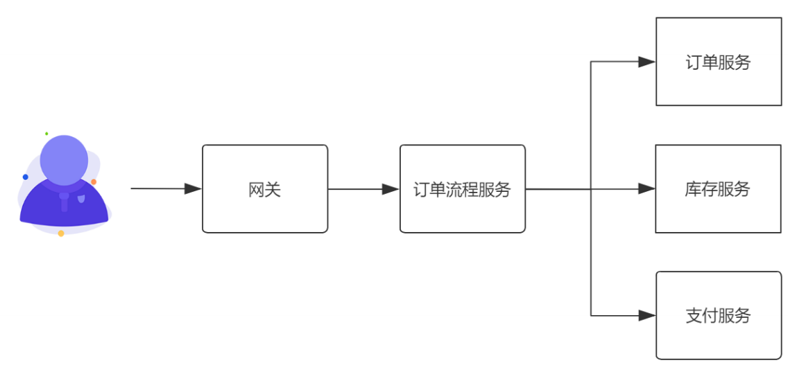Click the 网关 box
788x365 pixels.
click(x=265, y=189)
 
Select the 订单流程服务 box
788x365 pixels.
click(x=463, y=189)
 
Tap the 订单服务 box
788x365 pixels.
click(x=719, y=62)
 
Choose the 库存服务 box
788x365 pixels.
click(x=718, y=189)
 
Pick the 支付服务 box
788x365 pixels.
click(x=719, y=315)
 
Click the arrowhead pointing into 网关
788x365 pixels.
click(x=193, y=189)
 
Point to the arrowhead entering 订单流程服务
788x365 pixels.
click(x=391, y=189)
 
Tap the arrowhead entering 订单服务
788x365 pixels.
click(x=646, y=62)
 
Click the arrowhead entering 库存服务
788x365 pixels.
click(x=646, y=189)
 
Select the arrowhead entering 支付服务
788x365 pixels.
click(x=646, y=315)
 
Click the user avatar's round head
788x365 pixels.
click(x=64, y=160)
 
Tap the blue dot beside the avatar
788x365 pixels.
click(x=25, y=177)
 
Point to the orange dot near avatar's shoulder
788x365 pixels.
click(x=94, y=181)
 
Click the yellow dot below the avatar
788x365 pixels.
click(x=61, y=233)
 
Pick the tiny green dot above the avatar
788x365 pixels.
click(x=46, y=134)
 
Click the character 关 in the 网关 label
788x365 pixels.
click(x=273, y=190)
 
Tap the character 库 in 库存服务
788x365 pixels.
click(x=693, y=189)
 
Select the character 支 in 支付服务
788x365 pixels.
click(x=694, y=316)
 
